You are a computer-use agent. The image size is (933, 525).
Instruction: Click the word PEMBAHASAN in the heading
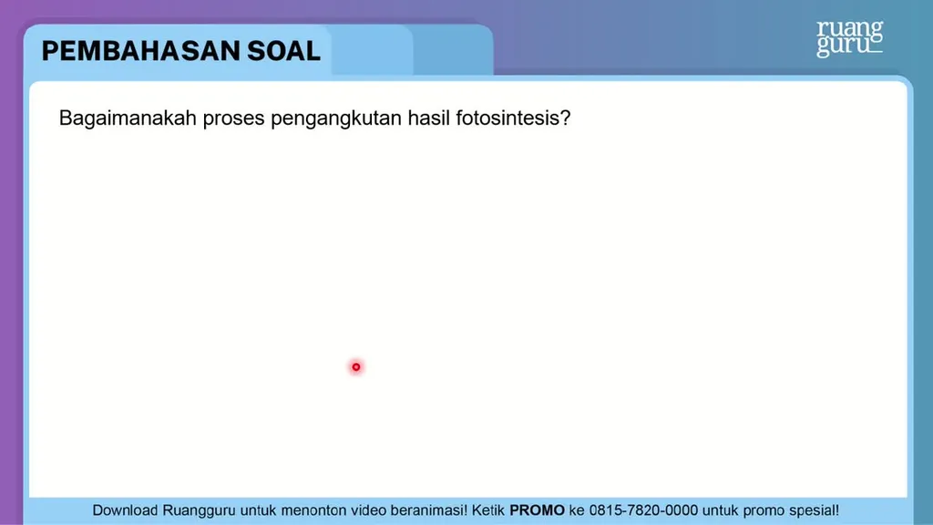tap(140, 51)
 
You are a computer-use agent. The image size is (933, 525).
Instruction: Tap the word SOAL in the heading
tap(284, 51)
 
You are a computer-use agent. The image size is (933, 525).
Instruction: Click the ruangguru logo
tap(850, 38)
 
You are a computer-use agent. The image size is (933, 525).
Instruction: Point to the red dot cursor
tap(356, 367)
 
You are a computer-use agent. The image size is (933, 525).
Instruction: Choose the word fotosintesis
tap(508, 118)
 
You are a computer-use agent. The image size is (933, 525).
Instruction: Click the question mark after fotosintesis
tap(565, 118)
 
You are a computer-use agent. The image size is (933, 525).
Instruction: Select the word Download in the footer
tap(125, 510)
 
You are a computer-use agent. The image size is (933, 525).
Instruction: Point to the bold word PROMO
tap(537, 510)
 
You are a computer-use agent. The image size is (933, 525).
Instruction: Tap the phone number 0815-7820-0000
tap(643, 510)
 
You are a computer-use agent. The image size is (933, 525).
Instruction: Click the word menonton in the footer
tap(313, 510)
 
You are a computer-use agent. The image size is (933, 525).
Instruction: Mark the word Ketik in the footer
tap(488, 510)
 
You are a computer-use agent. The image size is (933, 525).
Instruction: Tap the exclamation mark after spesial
tap(836, 510)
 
